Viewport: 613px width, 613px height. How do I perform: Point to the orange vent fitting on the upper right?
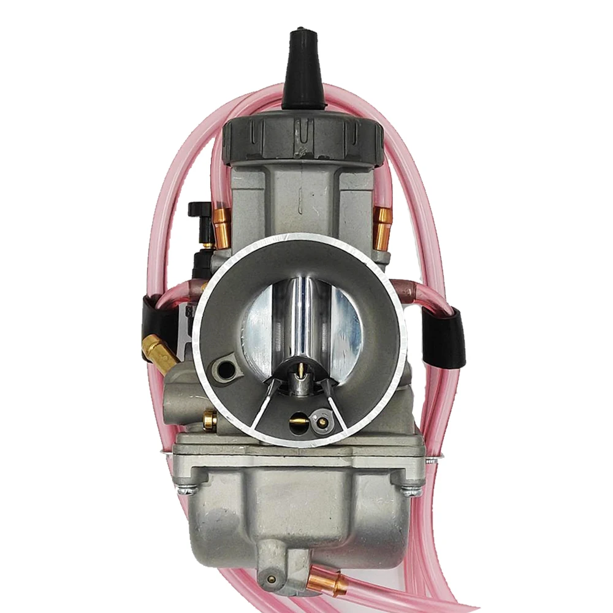pyautogui.click(x=383, y=227)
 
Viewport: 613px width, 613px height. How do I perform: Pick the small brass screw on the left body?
pyautogui.click(x=210, y=420)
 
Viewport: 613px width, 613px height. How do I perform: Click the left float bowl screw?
pyautogui.click(x=186, y=489)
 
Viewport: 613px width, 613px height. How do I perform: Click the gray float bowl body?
pyautogui.click(x=300, y=509)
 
